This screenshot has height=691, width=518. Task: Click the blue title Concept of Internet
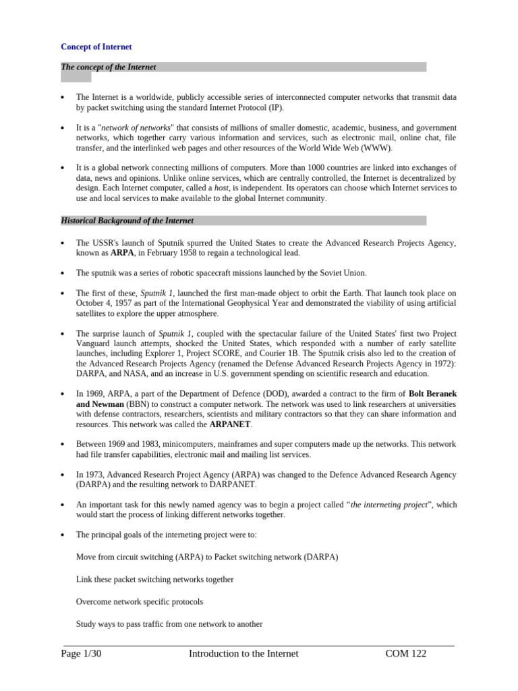(96, 47)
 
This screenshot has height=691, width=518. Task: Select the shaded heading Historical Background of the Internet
(127, 221)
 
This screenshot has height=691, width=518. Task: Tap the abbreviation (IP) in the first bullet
(275, 107)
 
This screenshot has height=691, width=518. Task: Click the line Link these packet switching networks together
(155, 579)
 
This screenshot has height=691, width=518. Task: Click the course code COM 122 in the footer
(405, 653)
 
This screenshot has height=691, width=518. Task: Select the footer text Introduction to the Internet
(243, 653)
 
